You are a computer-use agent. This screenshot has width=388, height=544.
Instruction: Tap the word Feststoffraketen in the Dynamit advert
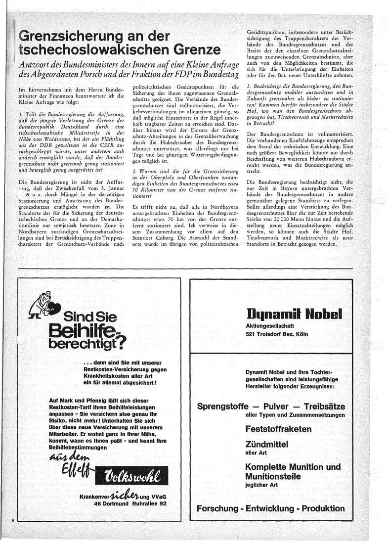point(278,429)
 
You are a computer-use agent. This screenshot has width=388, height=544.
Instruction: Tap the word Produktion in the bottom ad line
point(321,508)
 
